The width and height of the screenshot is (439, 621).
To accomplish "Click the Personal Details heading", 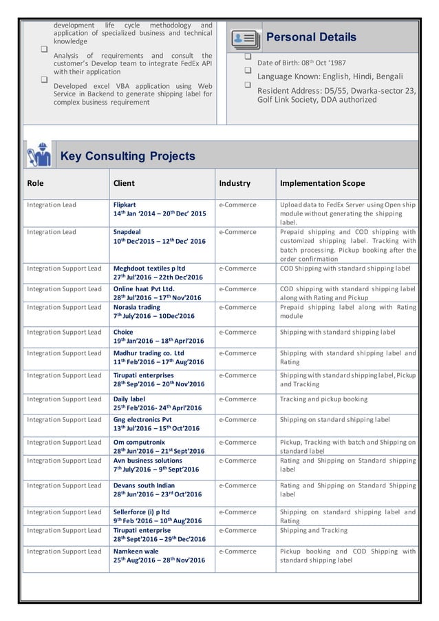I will point(311,37).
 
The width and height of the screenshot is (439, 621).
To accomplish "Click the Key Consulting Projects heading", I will point(128,156).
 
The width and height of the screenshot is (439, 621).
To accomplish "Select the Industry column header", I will point(235,184).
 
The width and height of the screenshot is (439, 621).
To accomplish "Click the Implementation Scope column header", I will point(322,184).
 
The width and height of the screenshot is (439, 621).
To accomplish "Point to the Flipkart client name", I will point(125,205).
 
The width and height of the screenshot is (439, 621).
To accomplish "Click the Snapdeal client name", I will point(127,232).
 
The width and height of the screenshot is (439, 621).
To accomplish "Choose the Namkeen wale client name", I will point(137,551).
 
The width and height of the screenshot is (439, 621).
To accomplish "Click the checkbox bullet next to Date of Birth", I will point(248,56).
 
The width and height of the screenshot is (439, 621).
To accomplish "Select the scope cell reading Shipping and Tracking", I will point(314,531).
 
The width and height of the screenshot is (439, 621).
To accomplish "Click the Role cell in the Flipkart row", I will point(52,205).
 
